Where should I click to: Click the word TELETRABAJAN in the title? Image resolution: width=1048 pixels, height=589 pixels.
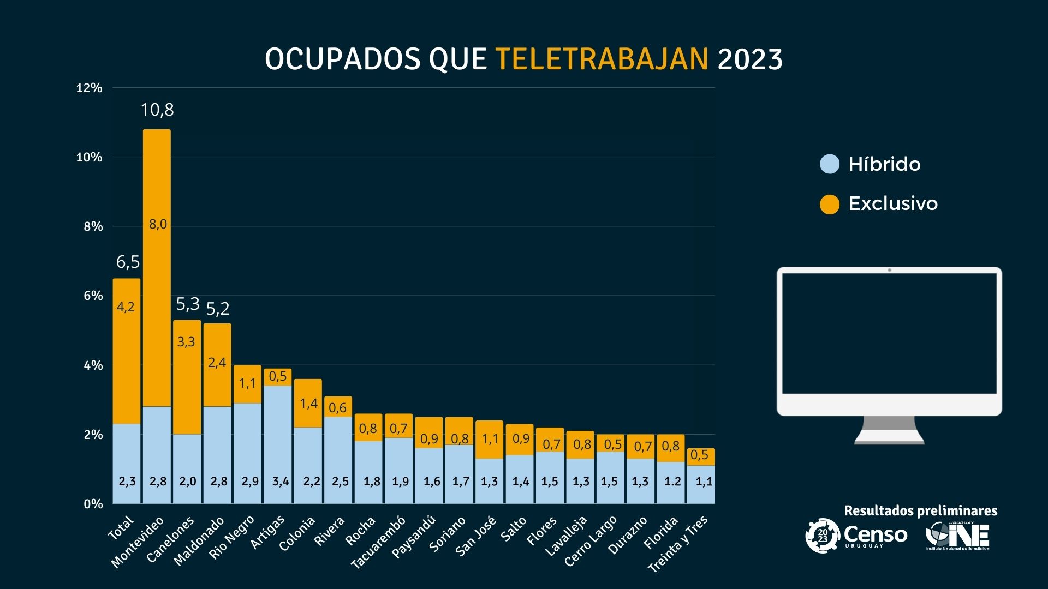click(602, 59)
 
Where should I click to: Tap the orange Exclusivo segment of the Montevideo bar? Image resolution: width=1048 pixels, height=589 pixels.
click(157, 267)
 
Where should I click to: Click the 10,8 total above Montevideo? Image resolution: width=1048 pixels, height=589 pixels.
click(157, 110)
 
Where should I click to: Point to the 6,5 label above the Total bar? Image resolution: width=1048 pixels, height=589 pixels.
click(128, 262)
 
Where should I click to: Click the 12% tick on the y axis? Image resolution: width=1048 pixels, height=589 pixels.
click(89, 88)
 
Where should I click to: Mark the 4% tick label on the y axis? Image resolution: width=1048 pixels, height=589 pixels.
click(93, 365)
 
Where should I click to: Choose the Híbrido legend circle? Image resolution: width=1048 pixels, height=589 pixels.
click(830, 164)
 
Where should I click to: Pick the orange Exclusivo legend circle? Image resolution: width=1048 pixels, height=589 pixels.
click(830, 204)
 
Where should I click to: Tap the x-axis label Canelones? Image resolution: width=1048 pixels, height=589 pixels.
click(171, 540)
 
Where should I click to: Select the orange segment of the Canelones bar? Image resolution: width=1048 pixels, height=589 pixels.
click(187, 376)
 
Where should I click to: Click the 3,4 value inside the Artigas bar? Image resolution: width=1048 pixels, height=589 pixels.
click(281, 482)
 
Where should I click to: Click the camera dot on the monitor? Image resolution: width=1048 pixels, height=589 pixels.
click(889, 270)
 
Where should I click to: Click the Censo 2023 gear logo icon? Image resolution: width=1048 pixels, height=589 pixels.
click(823, 536)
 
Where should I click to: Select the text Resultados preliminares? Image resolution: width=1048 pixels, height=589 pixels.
click(920, 511)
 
